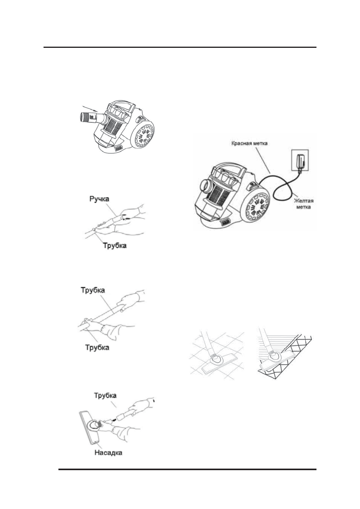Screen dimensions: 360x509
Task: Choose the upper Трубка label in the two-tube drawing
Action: point(96,291)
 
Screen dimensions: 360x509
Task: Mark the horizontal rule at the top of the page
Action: point(180,47)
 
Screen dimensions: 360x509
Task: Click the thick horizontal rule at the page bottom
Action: point(187,469)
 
